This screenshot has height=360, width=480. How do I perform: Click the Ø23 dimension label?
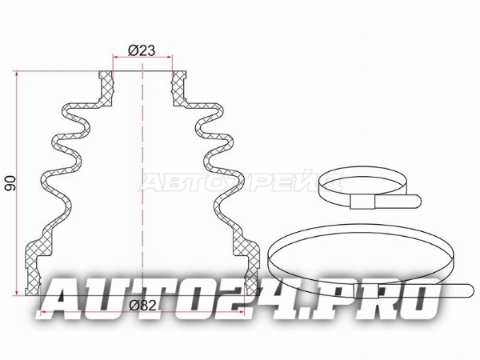pos(142,50)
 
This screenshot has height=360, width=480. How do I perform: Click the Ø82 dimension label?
pos(142,305)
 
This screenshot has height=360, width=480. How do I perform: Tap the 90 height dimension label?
pos(10,183)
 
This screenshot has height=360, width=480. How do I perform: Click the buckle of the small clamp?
pos(362,202)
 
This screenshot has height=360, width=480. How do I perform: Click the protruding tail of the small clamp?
pos(398,201)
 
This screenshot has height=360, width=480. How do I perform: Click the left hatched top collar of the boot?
pos(106,89)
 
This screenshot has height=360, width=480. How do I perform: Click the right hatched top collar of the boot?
pos(179,89)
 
